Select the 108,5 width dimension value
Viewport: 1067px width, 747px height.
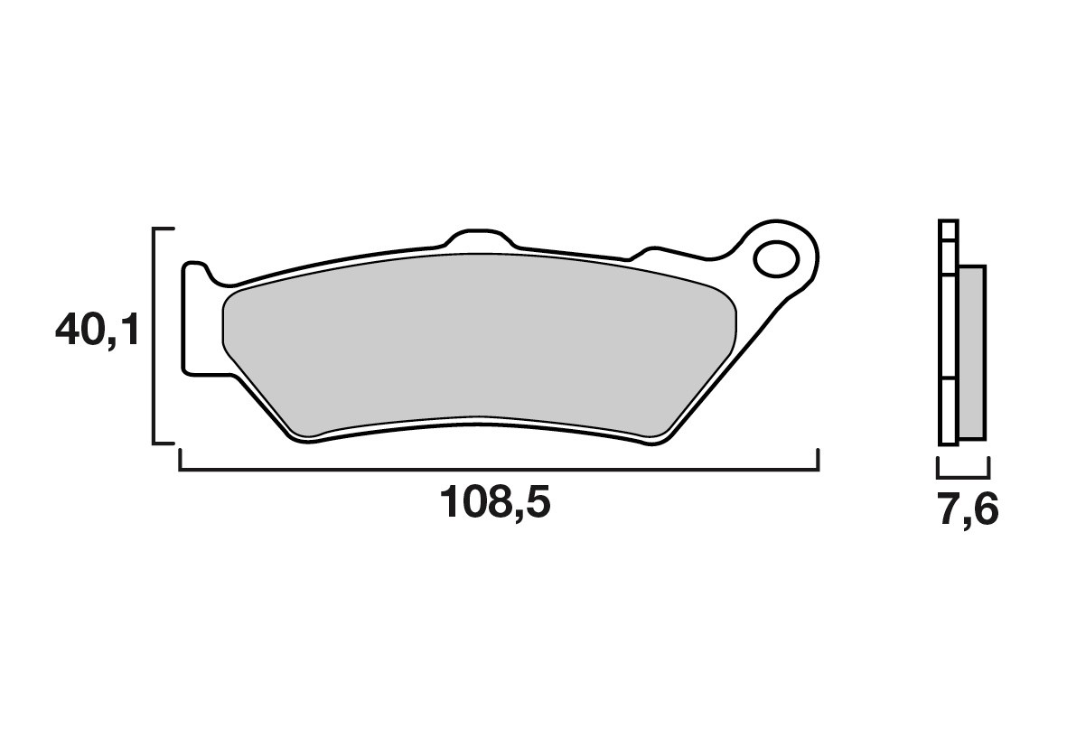(x=494, y=502)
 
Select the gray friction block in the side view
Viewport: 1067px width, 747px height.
(x=972, y=352)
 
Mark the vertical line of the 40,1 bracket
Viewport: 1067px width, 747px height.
(x=154, y=336)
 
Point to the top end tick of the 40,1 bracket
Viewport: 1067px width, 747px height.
(x=164, y=230)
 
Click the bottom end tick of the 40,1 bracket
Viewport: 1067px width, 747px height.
(x=164, y=443)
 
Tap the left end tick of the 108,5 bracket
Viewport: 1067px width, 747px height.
(x=181, y=460)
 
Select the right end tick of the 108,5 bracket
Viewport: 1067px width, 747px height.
(x=818, y=460)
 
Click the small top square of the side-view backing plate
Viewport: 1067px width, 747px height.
(x=947, y=229)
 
